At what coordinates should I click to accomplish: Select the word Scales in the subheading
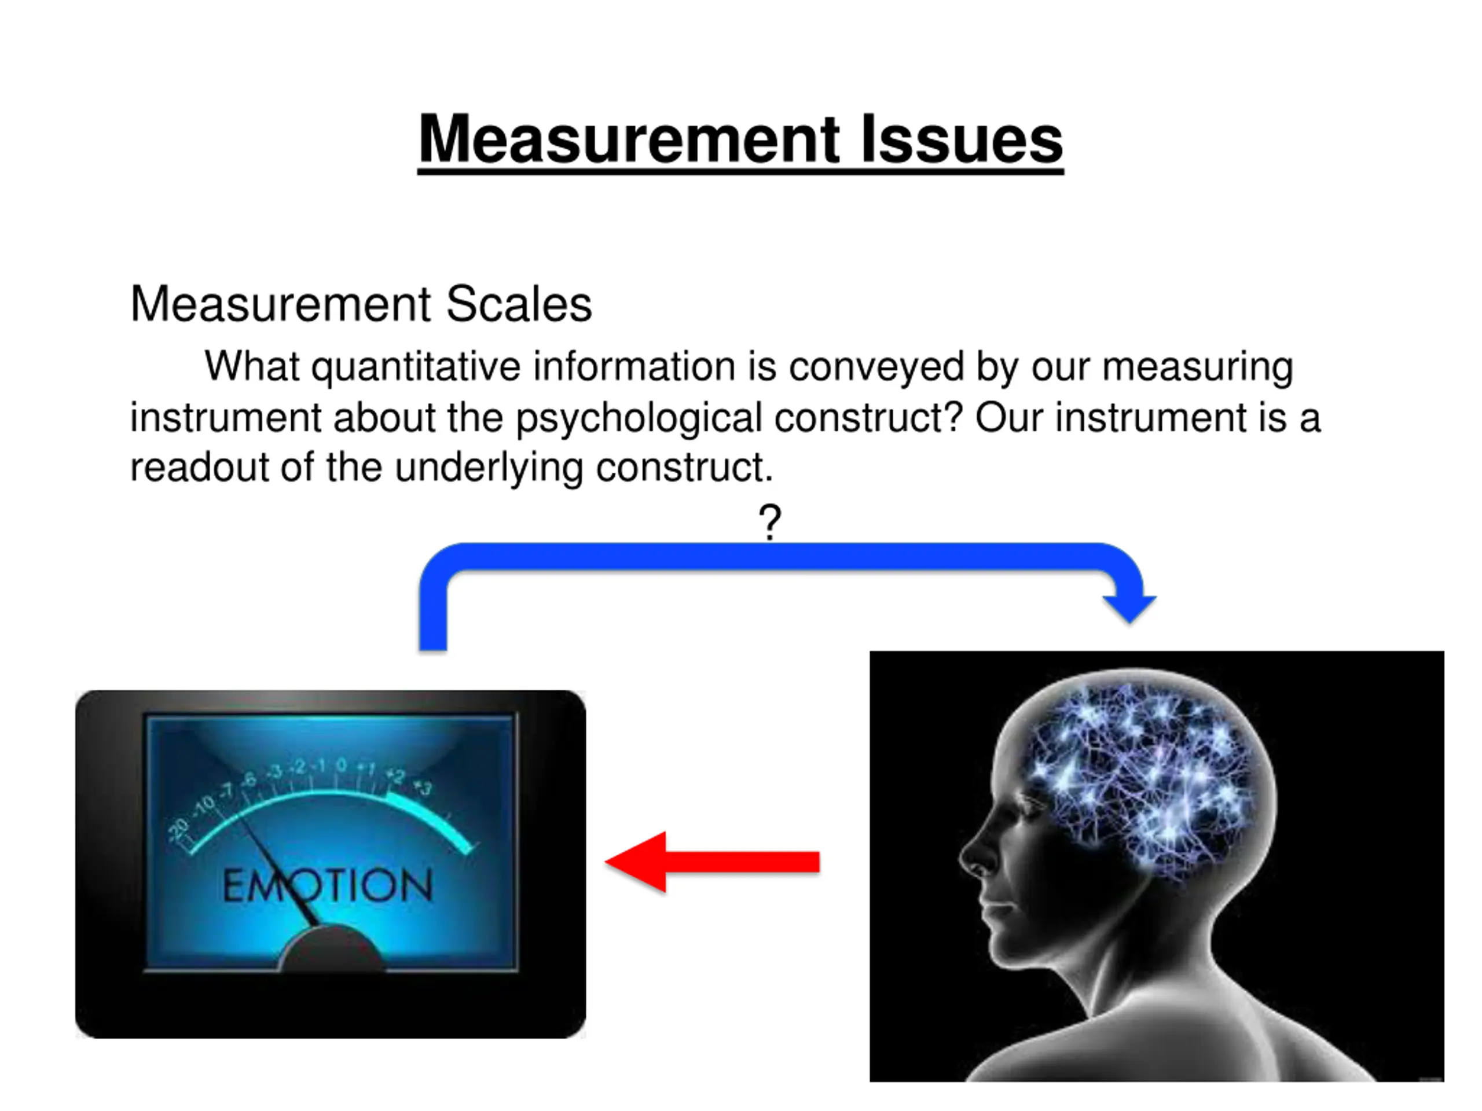(x=519, y=305)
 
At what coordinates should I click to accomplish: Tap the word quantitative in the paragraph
(x=416, y=367)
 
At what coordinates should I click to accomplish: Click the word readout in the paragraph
(x=199, y=467)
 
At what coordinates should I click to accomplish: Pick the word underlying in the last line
(x=489, y=467)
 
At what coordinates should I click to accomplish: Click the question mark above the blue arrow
(x=770, y=522)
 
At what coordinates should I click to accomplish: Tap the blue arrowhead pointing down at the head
(x=1129, y=606)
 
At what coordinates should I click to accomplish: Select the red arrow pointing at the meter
(x=712, y=862)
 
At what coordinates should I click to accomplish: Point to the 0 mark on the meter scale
(x=342, y=764)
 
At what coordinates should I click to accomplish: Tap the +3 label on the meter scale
(x=423, y=788)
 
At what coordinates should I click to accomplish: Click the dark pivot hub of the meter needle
(x=332, y=951)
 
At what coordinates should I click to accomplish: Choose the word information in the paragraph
(x=634, y=367)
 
